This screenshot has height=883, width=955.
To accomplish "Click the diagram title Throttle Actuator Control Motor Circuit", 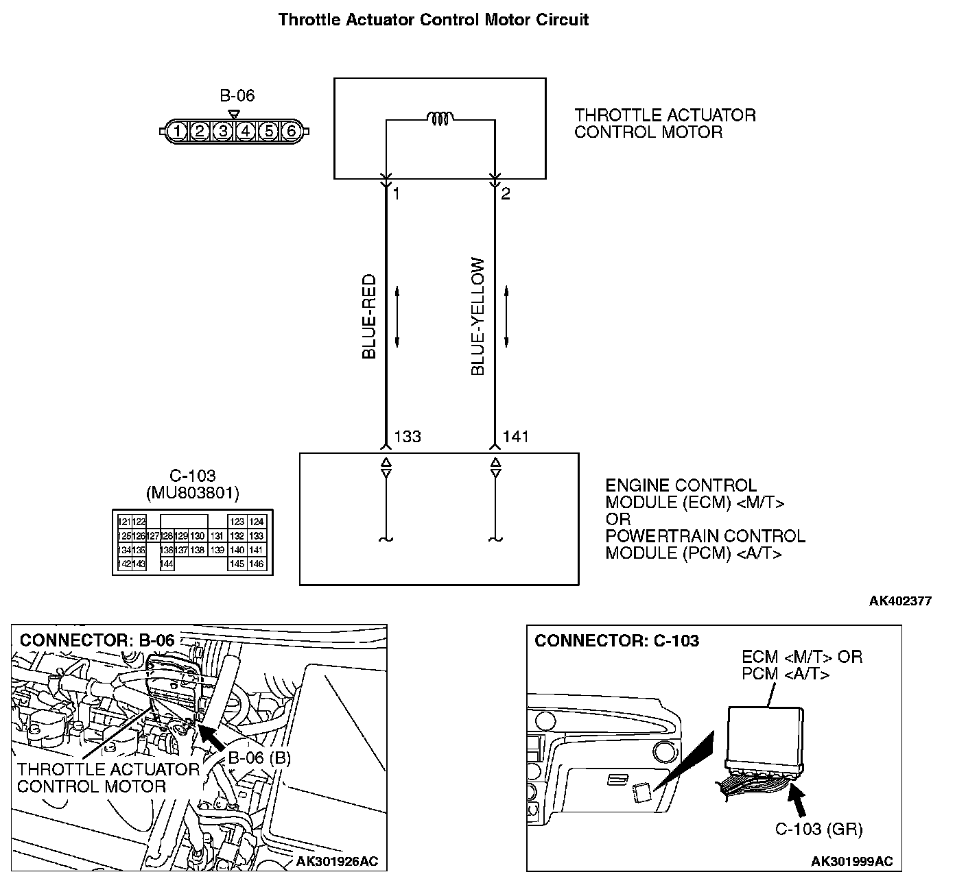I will (433, 20).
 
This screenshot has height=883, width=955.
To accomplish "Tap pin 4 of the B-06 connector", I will (245, 130).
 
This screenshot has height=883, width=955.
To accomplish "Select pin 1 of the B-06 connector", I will (177, 130).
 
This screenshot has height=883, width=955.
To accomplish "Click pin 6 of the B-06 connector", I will (290, 130).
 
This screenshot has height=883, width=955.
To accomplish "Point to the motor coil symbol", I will (439, 119).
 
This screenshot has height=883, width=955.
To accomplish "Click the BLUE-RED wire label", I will (369, 317).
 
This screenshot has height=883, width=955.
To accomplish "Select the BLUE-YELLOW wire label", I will (478, 317).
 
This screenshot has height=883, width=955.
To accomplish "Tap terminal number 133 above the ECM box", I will (408, 437).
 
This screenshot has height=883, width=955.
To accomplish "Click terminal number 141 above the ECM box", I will (516, 437).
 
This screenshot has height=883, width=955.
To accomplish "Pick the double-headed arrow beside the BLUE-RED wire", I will (397, 317).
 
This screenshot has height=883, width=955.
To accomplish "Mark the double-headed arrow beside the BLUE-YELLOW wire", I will (506, 317).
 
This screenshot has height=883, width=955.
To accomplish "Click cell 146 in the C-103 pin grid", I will (256, 564).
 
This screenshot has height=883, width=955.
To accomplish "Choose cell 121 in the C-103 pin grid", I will (124, 522).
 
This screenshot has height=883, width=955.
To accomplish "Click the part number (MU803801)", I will (192, 492).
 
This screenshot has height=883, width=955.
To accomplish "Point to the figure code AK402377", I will (900, 601).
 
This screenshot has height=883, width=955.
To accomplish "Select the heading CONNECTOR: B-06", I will (97, 640).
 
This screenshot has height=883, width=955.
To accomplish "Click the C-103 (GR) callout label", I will (818, 829).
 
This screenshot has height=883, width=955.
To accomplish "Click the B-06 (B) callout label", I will (259, 758).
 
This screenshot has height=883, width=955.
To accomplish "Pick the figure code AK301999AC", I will (851, 861).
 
